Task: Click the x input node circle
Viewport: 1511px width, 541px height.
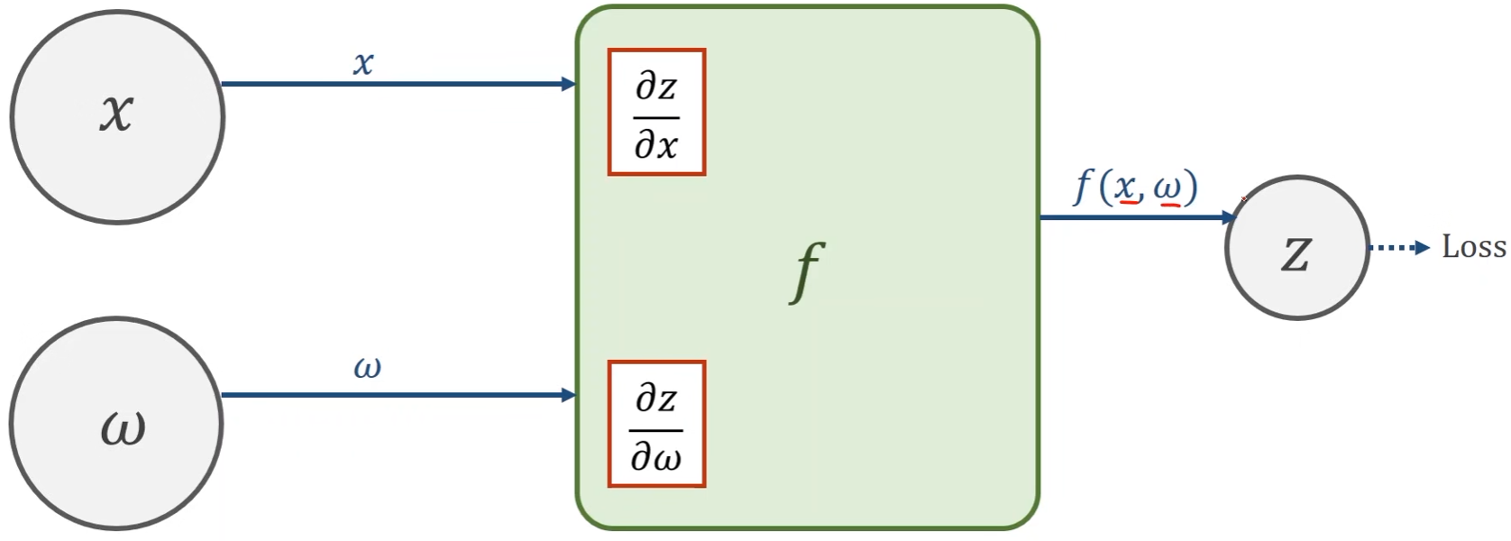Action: click(x=117, y=116)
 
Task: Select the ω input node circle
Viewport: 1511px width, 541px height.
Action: click(x=117, y=424)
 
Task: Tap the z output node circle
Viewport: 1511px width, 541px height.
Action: click(x=1296, y=248)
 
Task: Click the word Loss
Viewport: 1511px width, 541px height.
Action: click(x=1473, y=247)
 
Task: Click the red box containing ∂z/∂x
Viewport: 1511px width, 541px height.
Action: click(x=656, y=112)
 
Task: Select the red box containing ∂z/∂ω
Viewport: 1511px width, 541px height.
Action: click(x=656, y=424)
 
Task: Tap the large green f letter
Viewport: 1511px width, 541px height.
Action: click(x=807, y=270)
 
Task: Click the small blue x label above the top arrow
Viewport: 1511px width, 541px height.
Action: click(x=363, y=63)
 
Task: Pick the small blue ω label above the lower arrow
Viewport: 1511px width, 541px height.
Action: click(x=367, y=367)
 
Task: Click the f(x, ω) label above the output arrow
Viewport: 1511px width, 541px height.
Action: click(x=1136, y=187)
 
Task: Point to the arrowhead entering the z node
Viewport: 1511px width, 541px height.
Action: click(x=1229, y=217)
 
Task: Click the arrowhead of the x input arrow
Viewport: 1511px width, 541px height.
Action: click(x=569, y=84)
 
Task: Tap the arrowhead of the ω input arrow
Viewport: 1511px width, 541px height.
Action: click(x=569, y=395)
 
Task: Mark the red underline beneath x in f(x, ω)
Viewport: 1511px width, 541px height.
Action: click(x=1127, y=204)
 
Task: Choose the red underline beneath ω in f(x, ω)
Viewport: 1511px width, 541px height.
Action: click(x=1169, y=205)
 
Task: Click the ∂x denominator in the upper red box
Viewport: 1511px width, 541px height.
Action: click(x=656, y=144)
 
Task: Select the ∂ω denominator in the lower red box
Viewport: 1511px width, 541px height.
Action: click(x=656, y=457)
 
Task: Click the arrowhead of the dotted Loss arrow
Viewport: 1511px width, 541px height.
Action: click(x=1424, y=248)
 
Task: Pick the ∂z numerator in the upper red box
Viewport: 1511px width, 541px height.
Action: click(x=656, y=87)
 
